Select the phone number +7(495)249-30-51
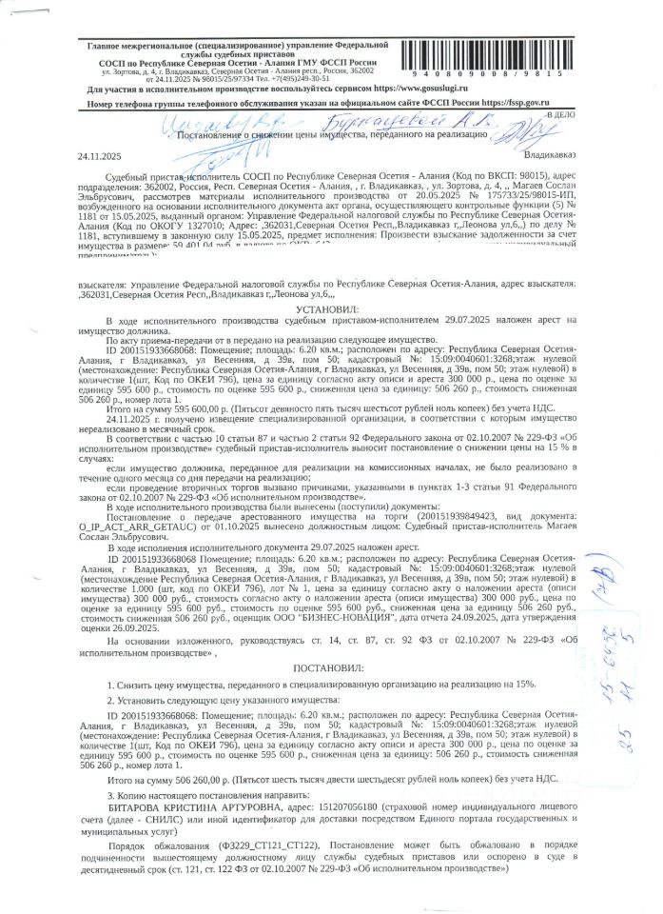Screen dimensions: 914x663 (x=296, y=78)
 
